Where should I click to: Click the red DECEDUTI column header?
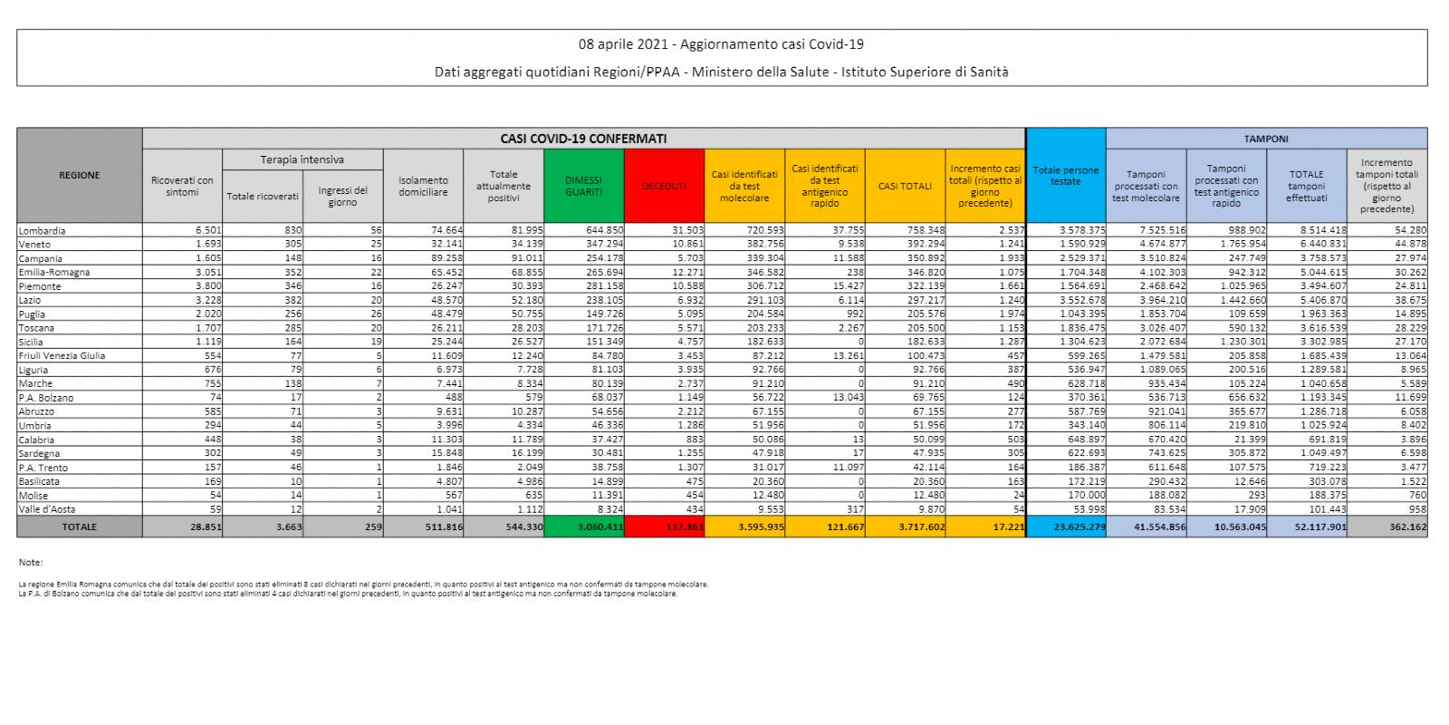click(664, 186)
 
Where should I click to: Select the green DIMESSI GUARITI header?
click(583, 186)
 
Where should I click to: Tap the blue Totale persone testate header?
click(1066, 176)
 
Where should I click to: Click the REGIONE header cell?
click(80, 175)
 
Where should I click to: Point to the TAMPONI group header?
click(1266, 139)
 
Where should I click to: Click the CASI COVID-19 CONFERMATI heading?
click(583, 139)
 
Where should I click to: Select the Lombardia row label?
click(42, 230)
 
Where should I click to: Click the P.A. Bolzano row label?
click(46, 398)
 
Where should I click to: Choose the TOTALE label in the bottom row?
click(80, 527)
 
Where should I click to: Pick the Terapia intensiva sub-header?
click(302, 159)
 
